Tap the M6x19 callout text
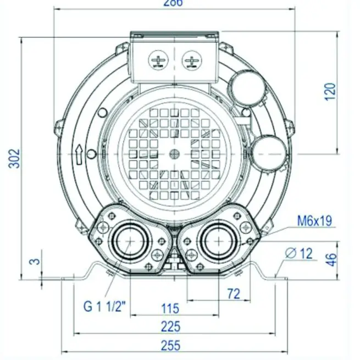coord(314,221)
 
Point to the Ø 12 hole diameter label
coord(300,253)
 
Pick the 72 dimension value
coord(234,294)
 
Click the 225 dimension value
coord(171,326)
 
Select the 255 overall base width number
coord(171,346)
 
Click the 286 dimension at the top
coord(173,3)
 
